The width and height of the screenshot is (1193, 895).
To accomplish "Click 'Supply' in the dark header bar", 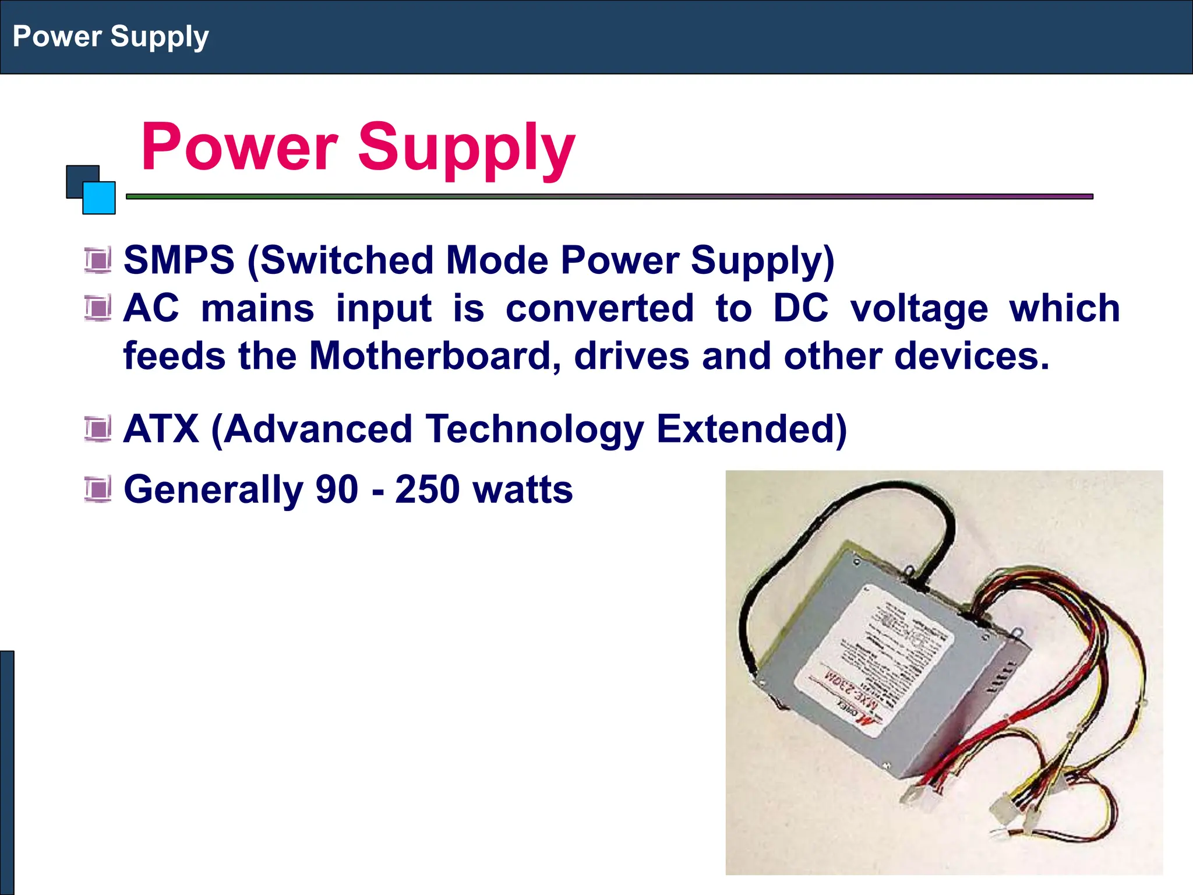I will (x=160, y=37).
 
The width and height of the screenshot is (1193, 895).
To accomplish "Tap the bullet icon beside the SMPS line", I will (x=97, y=260).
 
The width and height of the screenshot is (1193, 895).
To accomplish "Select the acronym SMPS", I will (x=179, y=260).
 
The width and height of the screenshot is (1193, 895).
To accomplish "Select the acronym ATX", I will (x=161, y=429).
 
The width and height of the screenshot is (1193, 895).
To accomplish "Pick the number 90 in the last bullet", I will (x=337, y=489).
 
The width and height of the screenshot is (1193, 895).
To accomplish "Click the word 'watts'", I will (x=523, y=489).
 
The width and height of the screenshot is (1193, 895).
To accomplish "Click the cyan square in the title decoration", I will (x=100, y=199).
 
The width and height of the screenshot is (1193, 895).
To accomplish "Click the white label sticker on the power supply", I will (x=874, y=658).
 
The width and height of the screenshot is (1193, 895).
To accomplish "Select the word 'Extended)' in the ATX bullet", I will (x=751, y=429).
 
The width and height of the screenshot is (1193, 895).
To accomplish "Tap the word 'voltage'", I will (x=919, y=309).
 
